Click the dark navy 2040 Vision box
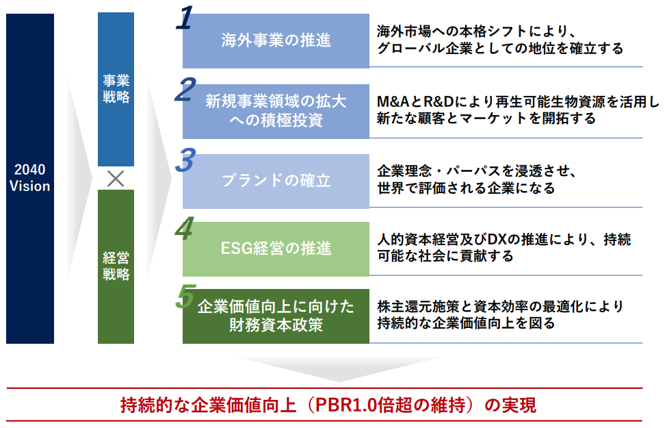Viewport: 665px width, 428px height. click(30, 178)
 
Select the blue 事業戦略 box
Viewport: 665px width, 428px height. click(116, 89)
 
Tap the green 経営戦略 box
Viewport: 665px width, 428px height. click(116, 266)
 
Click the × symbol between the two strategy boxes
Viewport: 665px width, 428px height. click(116, 179)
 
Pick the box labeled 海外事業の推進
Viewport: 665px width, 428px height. click(276, 40)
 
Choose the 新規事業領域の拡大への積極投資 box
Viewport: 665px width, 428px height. click(276, 111)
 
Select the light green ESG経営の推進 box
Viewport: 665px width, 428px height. click(276, 248)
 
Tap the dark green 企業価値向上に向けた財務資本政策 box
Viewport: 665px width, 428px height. click(276, 316)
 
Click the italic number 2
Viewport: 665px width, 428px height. click(184, 90)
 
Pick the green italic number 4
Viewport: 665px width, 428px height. click(184, 229)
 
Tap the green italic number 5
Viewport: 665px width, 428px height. click(184, 296)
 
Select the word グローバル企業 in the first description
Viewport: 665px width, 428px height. click(421, 49)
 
